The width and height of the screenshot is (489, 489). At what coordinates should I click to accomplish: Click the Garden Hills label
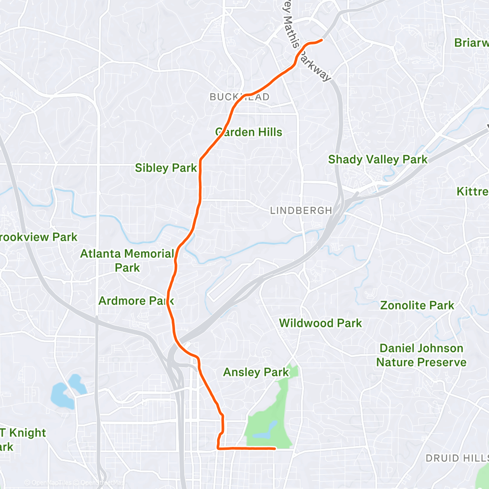tap(248, 132)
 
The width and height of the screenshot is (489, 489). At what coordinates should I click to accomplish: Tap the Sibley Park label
tap(166, 168)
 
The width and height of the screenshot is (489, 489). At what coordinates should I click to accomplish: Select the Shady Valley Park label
tap(378, 159)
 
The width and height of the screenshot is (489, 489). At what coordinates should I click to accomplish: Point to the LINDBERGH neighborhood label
tap(301, 211)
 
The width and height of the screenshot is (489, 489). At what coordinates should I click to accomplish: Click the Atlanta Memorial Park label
tap(127, 261)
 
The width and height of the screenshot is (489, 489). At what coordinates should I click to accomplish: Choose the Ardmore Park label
tap(136, 301)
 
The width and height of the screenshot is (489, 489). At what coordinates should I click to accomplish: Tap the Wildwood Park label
tap(320, 323)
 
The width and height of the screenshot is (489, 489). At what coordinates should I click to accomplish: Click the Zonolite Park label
tap(417, 306)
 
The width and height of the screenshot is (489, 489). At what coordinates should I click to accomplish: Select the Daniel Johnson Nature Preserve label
tap(421, 355)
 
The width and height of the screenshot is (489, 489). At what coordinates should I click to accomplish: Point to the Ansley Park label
tap(256, 373)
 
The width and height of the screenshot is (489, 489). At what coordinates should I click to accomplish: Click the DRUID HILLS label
tap(456, 458)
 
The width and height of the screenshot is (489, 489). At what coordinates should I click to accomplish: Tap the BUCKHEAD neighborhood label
tap(240, 97)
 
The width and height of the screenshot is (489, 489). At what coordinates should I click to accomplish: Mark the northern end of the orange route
tap(322, 40)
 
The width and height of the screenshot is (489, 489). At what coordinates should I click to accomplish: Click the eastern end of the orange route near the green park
tap(275, 448)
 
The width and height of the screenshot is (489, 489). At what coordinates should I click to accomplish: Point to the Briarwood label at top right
tap(471, 43)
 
